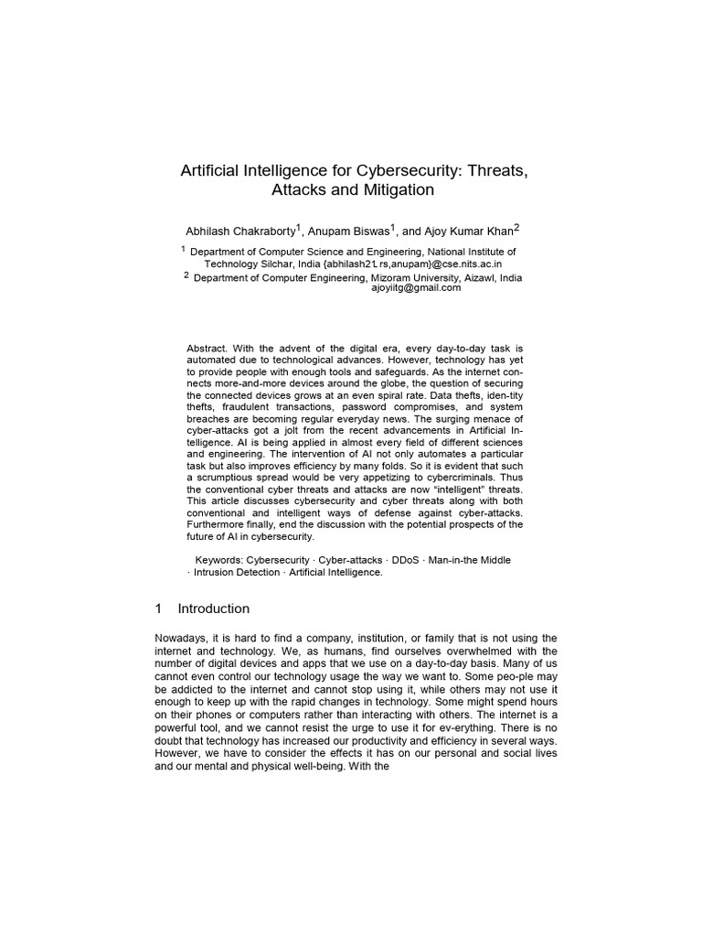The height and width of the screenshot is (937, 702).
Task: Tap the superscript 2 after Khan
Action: click(x=516, y=226)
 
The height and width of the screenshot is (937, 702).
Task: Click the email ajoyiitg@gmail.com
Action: click(x=416, y=287)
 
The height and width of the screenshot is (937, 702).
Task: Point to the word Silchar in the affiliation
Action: click(x=276, y=262)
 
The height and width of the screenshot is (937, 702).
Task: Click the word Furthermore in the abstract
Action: click(x=218, y=524)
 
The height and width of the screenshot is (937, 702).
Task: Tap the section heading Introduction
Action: click(x=213, y=609)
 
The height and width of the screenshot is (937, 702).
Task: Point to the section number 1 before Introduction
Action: click(x=158, y=609)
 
